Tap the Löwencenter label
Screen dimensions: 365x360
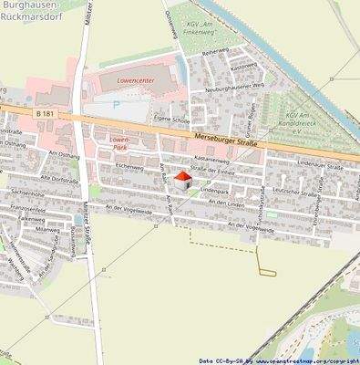(x=138, y=80)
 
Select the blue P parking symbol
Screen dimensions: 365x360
(x=115, y=104)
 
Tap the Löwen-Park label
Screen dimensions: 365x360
(x=119, y=141)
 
